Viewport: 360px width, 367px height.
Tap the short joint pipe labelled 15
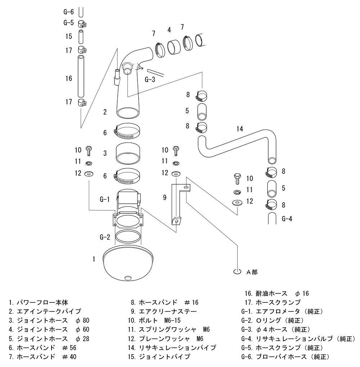(81, 36)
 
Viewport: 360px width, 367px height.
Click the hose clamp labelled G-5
(82, 24)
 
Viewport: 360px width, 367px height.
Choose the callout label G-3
(150, 80)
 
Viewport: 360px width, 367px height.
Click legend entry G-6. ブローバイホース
(284, 357)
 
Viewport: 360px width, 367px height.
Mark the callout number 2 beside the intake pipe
(105, 112)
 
